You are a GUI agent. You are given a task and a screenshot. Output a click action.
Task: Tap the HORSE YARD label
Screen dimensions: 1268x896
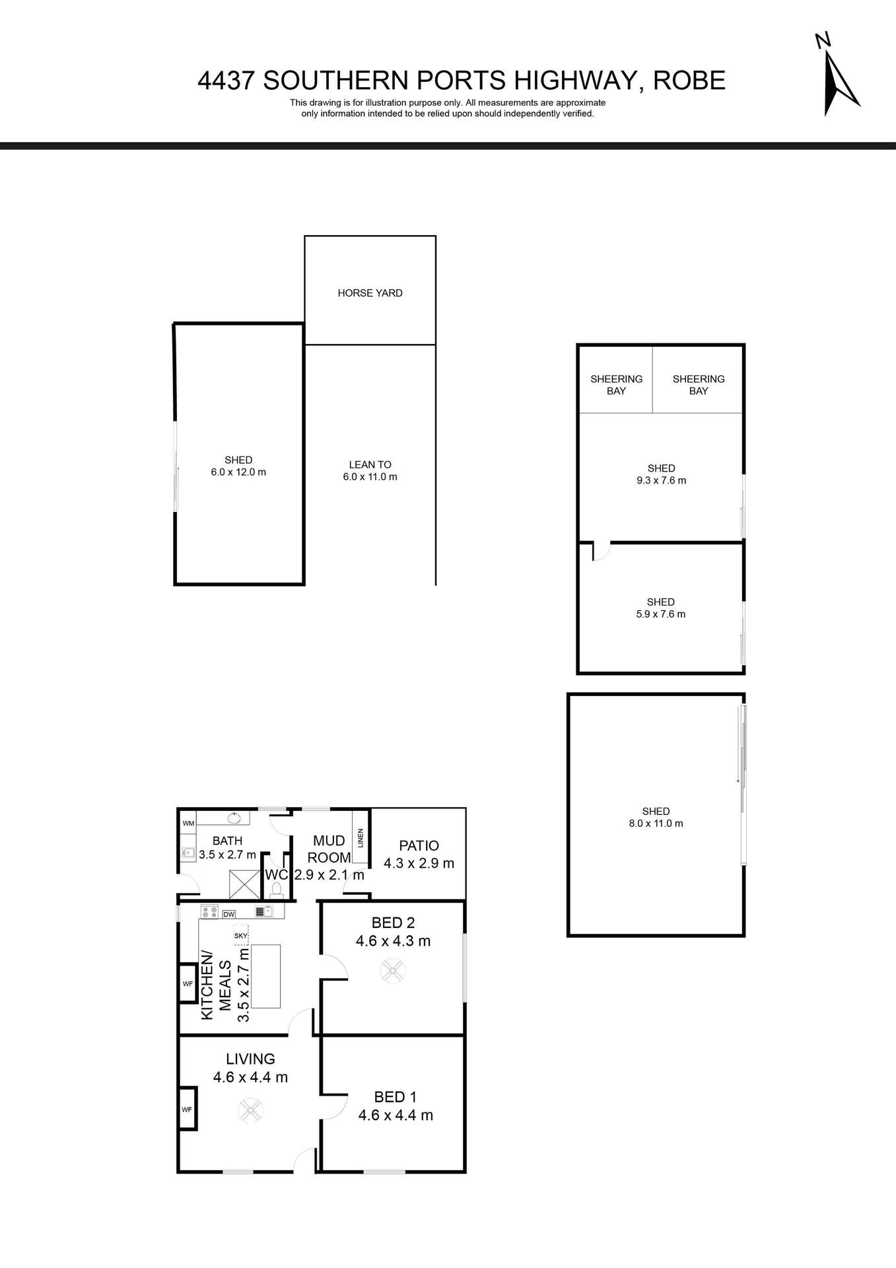coord(370,293)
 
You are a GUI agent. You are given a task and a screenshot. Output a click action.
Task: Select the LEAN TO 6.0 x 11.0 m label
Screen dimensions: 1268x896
coord(370,471)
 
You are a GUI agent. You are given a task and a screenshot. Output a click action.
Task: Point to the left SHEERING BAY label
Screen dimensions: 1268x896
coord(616,385)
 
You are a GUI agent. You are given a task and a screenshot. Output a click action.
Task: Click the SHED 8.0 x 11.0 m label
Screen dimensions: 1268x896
coord(656,818)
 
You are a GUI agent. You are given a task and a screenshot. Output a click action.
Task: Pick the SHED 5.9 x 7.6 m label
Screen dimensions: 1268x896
coord(660,608)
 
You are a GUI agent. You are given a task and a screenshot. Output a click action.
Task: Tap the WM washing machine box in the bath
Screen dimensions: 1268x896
coord(188,824)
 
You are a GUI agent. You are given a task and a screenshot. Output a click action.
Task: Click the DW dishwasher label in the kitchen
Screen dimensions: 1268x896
coord(229,915)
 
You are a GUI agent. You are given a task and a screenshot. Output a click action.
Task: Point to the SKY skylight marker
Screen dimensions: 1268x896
coord(240,935)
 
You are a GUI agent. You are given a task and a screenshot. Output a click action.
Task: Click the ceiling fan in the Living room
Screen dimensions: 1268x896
coord(251,1110)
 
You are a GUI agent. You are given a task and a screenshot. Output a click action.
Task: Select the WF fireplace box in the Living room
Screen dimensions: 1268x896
coord(188,1109)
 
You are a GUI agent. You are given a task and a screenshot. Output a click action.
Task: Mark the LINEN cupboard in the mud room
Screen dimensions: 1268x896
coord(360,837)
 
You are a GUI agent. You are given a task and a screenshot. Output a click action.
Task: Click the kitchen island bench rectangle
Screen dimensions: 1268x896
coord(265,976)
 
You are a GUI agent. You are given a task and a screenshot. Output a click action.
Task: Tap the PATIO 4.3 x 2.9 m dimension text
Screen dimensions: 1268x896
coord(419,863)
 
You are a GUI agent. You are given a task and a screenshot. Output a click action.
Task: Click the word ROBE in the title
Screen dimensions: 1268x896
coord(689,81)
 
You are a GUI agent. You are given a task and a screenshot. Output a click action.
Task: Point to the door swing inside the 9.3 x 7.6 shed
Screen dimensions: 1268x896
coord(600,551)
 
